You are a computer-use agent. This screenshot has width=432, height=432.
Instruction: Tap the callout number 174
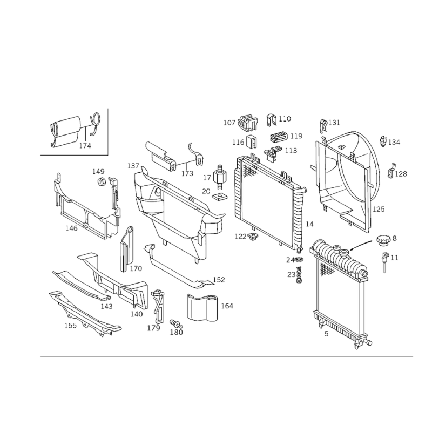pos(85,145)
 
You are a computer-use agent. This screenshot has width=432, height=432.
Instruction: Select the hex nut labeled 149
pos(101,182)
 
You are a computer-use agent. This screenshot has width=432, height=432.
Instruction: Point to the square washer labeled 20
pos(220,197)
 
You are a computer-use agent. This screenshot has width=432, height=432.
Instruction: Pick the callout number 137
pos(133,166)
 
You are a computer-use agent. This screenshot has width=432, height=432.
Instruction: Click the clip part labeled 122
pos(252,236)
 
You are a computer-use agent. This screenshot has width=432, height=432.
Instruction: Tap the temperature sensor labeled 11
pos(384,262)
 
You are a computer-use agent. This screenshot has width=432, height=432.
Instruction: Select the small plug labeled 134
pos(383,141)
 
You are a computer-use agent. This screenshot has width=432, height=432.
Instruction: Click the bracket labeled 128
pos(391,171)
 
